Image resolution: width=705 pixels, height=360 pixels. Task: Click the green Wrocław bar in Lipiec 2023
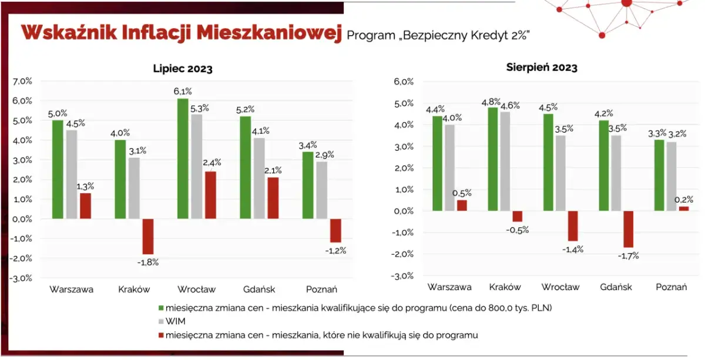coord(183,159)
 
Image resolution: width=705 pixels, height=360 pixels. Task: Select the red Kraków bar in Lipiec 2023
coord(147,236)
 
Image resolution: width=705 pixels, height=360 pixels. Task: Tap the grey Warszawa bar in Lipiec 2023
coord(72,174)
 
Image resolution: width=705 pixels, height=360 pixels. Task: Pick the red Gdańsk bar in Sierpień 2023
coord(629,229)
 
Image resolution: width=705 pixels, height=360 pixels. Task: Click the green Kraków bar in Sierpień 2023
coord(492,159)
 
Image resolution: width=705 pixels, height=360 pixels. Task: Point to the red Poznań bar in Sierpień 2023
coord(684,208)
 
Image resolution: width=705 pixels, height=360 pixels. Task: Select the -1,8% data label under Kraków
coord(147,262)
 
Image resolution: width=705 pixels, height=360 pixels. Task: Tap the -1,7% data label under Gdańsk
coord(627,255)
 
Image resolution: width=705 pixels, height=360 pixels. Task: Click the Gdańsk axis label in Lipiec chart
coord(259,289)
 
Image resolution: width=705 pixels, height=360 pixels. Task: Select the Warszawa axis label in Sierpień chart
coord(449,287)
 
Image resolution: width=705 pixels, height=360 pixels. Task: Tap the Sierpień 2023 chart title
coord(542,67)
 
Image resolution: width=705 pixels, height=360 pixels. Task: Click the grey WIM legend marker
coord(161,321)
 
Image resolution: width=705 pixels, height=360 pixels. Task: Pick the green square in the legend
coord(161,307)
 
